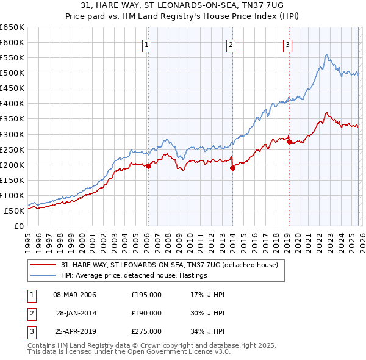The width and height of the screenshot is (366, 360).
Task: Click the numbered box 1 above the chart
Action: click(x=148, y=44)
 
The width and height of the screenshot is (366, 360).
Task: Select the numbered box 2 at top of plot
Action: click(x=232, y=44)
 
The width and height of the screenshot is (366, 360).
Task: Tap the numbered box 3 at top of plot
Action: click(x=287, y=44)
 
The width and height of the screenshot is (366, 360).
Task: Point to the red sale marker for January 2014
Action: click(x=232, y=168)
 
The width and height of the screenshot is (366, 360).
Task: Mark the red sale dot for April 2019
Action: click(x=289, y=142)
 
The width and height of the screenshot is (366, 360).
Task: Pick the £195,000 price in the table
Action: click(x=146, y=295)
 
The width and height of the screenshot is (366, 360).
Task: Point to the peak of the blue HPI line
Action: click(x=327, y=55)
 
